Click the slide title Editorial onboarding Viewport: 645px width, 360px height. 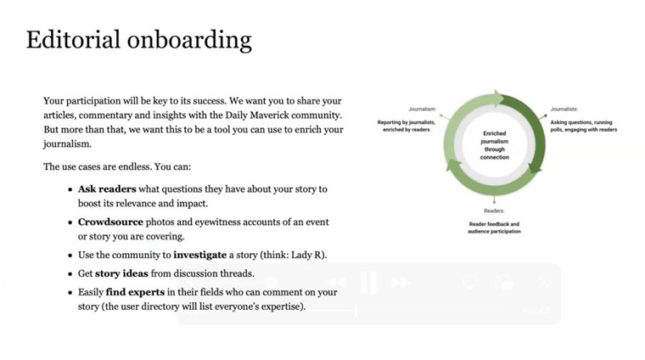138,40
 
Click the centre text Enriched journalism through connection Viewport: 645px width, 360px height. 495,145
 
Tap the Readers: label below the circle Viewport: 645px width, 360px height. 494,210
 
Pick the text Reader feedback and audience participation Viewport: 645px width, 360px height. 494,227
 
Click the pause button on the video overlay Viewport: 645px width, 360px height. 368,282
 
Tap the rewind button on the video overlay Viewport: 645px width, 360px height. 336,282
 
